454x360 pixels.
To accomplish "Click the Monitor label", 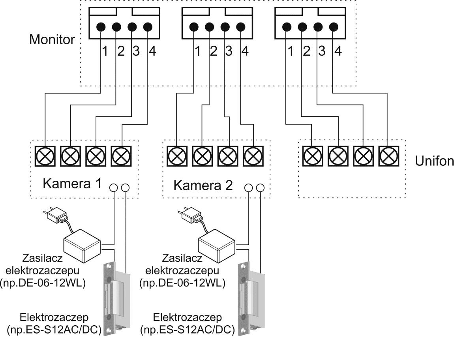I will click(52, 40).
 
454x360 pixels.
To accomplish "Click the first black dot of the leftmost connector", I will click(101, 27).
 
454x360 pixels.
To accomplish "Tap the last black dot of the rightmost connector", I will click(334, 27).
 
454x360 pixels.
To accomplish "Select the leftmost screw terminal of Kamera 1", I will click(45, 156).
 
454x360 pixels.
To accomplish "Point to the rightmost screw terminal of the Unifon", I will click(387, 156).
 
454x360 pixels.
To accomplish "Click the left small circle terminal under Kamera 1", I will click(114, 187).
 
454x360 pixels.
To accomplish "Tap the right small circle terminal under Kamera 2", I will click(260, 187).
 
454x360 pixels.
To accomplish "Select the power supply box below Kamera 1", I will click(83, 245).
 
